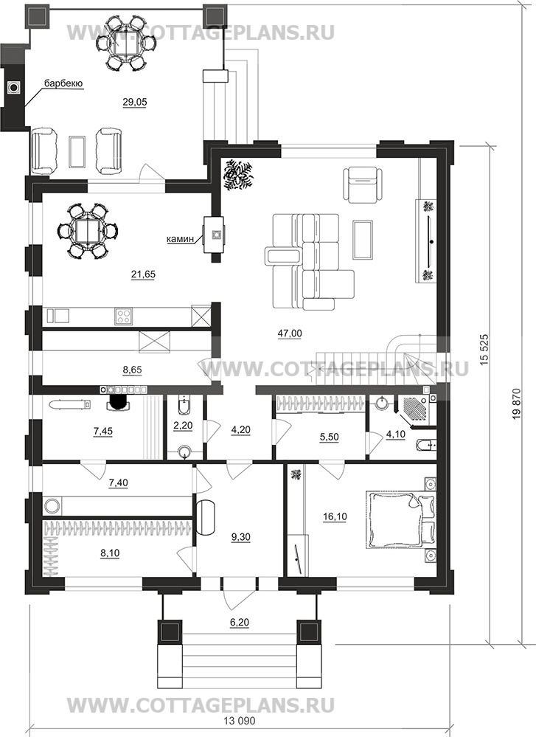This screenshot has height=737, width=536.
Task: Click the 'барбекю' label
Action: point(64,83)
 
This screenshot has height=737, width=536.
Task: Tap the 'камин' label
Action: point(181,239)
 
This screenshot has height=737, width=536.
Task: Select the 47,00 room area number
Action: point(289,333)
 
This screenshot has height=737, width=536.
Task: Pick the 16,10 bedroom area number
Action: point(335,517)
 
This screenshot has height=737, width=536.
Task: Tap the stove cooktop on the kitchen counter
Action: point(124,316)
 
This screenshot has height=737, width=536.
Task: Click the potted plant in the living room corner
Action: point(239,175)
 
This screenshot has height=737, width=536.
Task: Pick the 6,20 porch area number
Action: point(240,623)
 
